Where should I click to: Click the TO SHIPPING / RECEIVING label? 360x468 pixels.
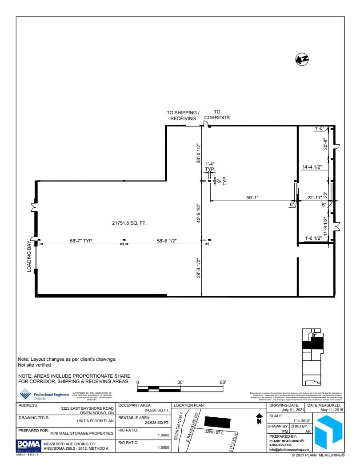point(183,116)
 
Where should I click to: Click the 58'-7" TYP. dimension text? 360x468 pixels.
point(81,241)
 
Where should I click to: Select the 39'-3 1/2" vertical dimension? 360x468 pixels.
point(198,269)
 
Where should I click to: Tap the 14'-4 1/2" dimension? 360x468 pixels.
point(312,167)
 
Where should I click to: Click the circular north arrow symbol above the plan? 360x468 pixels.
point(302,59)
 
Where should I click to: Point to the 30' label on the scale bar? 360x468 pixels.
point(180,383)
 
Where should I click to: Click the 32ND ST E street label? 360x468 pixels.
point(214,432)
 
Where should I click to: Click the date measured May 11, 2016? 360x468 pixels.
point(330,410)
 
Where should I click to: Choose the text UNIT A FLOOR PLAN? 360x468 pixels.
point(95,420)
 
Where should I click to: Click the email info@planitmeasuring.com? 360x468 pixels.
point(289,449)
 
